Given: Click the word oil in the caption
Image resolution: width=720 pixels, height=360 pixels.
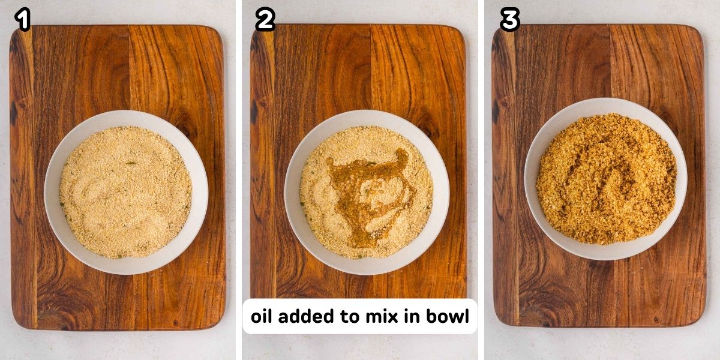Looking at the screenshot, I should click(265, 316).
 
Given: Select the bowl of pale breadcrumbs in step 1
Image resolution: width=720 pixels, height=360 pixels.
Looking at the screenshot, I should click(126, 192).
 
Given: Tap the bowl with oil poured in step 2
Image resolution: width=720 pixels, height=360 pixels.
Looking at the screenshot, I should click(367, 192).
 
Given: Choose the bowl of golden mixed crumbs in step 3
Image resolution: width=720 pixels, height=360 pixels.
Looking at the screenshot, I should click(606, 179).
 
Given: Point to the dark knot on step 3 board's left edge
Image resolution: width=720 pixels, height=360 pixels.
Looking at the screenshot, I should click(496, 111).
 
